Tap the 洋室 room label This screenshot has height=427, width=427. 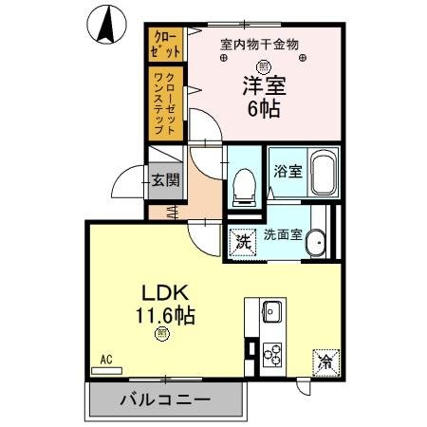tap(263, 84)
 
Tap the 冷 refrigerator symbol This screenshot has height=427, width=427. tap(323, 362)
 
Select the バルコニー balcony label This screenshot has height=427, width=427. tap(164, 399)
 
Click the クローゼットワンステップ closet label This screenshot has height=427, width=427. tap(162, 102)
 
